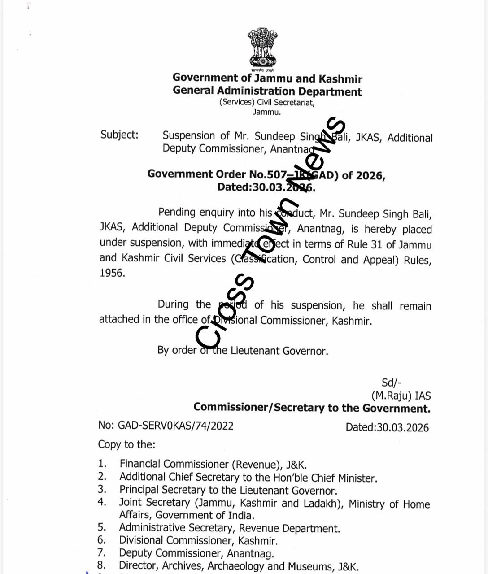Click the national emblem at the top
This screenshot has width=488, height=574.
263,48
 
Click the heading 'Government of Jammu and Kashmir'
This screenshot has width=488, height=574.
267,78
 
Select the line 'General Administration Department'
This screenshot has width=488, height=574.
267,91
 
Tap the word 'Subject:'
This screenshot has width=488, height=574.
119,135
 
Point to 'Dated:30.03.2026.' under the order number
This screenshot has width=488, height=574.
266,187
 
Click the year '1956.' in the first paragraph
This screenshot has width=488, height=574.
112,273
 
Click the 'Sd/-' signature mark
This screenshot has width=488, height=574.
391,383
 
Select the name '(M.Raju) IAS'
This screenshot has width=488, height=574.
401,396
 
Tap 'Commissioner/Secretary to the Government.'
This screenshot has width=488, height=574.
312,408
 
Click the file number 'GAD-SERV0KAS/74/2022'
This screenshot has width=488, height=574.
175,426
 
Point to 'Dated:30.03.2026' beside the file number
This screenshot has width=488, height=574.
387,427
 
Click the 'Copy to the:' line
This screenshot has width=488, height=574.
126,444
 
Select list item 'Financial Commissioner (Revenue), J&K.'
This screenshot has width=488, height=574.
213,465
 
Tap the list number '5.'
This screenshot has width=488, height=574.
102,527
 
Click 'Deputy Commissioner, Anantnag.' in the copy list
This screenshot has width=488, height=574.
196,553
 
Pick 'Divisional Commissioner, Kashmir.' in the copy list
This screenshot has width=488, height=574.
198,541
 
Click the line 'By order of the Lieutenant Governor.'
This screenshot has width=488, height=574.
243,350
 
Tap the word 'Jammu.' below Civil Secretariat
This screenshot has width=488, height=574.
266,112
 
